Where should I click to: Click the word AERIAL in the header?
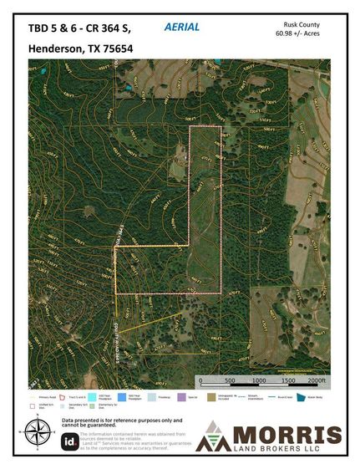click(x=182, y=28)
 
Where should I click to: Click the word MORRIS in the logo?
click(x=286, y=435)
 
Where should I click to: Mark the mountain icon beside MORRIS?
click(x=212, y=437)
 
